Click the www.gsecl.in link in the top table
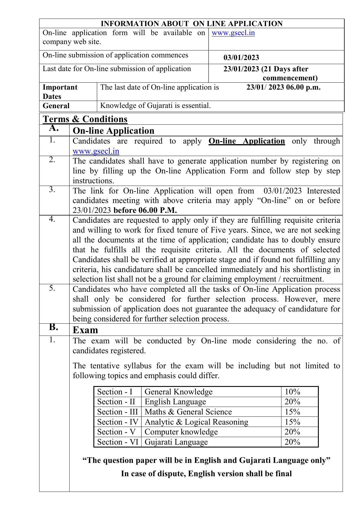click(x=233, y=33)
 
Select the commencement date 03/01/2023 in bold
click(x=241, y=57)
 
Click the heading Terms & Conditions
click(x=85, y=119)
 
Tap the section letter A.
click(x=54, y=128)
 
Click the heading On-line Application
click(x=113, y=131)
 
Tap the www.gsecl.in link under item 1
click(x=96, y=151)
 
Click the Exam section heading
click(x=85, y=330)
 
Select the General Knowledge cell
click(x=178, y=392)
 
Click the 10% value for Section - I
click(x=292, y=392)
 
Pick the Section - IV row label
click(x=117, y=422)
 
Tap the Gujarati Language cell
click(x=176, y=442)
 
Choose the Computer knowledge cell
click(x=181, y=432)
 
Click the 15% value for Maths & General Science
click(x=292, y=412)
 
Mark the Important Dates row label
click(x=60, y=92)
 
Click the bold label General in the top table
click(x=56, y=106)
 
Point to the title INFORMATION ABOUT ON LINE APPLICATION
click(x=191, y=23)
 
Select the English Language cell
click(x=175, y=402)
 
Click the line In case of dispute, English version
click(x=206, y=474)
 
